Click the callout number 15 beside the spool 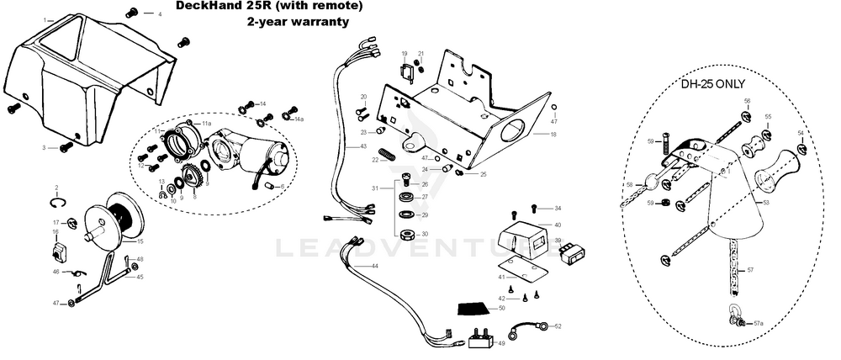click(140, 241)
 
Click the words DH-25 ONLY click(713, 83)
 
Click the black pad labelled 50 click(475, 309)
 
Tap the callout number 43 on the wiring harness click(363, 146)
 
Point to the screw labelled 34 click(535, 207)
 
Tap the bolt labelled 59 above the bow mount click(663, 143)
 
